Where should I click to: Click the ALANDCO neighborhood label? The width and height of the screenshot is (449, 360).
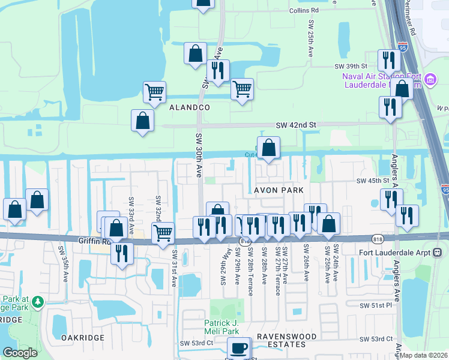pyautogui.click(x=189, y=107)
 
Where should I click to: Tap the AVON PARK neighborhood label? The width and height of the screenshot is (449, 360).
pyautogui.click(x=279, y=190)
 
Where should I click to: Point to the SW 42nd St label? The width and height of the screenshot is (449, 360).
pyautogui.click(x=295, y=125)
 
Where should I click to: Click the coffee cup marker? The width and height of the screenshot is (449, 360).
pyautogui.click(x=239, y=347)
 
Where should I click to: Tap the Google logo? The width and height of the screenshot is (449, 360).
pyautogui.click(x=20, y=353)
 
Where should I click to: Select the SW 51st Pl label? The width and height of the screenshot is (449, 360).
pyautogui.click(x=375, y=305)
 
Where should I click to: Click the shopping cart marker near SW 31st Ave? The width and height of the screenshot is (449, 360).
pyautogui.click(x=163, y=232)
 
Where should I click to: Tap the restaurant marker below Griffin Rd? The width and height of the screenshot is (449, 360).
pyautogui.click(x=122, y=252)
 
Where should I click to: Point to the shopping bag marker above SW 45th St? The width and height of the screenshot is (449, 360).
pyautogui.click(x=269, y=147)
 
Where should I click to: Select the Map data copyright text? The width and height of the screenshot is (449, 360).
pyautogui.click(x=423, y=355)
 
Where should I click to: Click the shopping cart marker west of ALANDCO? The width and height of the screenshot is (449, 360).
pyautogui.click(x=154, y=92)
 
